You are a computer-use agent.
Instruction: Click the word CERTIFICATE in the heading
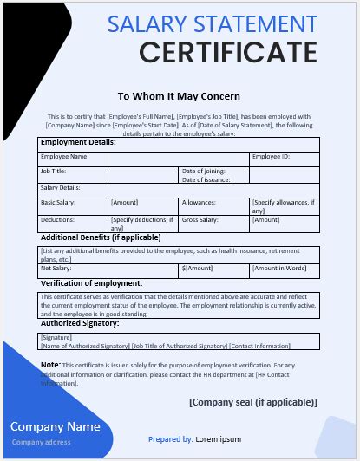[x=227, y=54]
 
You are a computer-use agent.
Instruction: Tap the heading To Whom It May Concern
[x=179, y=96]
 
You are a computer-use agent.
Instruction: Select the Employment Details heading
[x=78, y=142]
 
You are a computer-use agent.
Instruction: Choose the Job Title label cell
[x=53, y=172]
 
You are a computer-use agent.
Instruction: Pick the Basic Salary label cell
[x=58, y=202]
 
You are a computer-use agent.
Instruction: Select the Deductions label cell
[x=57, y=219]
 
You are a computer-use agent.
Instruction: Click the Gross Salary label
[x=203, y=219]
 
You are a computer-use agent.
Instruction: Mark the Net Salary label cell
[x=55, y=269]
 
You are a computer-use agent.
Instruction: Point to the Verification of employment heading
[x=91, y=283]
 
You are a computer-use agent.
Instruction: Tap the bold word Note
[x=50, y=365]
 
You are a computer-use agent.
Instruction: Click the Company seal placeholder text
[x=252, y=402]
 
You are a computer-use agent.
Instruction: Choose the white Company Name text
[x=55, y=426]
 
